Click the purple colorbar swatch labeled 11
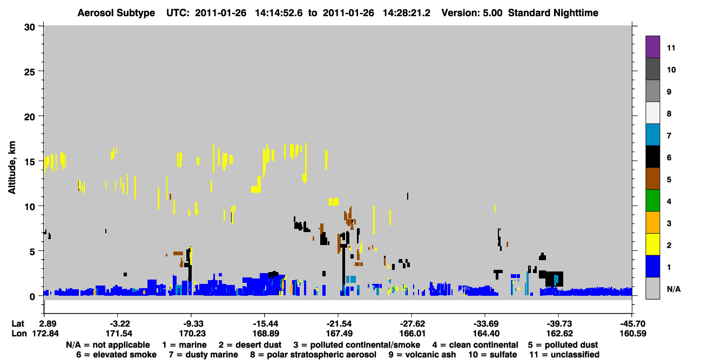(x=652, y=46)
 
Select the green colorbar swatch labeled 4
(x=652, y=201)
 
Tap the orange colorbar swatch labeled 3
(x=652, y=222)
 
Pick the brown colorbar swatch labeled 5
(x=652, y=179)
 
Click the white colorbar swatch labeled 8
(x=652, y=112)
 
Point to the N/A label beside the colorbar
(x=673, y=289)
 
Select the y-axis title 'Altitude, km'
(x=12, y=168)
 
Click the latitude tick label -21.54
(x=339, y=324)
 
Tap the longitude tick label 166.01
(x=413, y=334)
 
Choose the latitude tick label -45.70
(x=633, y=324)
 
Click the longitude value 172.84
(x=46, y=334)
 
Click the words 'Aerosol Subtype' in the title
(x=116, y=13)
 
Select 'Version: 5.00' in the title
(x=472, y=13)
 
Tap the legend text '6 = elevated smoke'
(x=116, y=355)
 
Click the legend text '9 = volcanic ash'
(x=422, y=355)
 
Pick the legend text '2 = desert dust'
(x=250, y=345)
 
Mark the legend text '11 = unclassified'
(x=564, y=355)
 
